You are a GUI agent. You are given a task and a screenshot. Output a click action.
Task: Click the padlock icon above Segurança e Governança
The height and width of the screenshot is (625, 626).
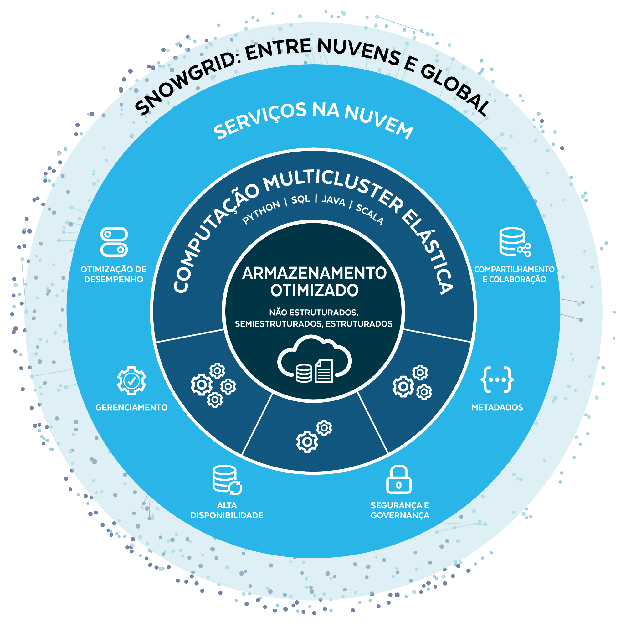398,479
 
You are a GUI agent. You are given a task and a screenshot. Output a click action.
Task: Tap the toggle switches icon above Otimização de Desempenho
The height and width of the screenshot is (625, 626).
114,242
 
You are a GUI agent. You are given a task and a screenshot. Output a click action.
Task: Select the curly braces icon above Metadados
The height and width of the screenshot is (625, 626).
497,379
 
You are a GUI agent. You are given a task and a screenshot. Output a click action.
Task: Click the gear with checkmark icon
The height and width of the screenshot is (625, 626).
131,380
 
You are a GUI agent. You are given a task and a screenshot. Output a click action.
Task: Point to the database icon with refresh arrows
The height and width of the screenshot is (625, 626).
227,480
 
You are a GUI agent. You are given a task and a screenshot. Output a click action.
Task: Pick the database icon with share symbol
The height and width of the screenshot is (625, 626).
514,242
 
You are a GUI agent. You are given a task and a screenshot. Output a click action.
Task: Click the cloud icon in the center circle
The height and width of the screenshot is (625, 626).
314,360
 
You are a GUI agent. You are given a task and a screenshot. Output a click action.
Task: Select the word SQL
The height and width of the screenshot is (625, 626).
301,199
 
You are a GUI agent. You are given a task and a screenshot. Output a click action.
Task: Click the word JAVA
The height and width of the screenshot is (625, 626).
333,201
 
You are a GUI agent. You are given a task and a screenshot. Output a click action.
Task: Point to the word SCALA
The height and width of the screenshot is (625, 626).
370,214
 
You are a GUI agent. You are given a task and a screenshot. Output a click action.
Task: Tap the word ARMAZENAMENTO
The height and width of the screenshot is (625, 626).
314,273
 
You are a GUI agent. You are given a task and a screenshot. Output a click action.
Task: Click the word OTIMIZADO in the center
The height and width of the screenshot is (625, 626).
314,291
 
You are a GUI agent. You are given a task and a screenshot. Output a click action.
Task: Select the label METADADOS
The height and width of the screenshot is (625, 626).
497,407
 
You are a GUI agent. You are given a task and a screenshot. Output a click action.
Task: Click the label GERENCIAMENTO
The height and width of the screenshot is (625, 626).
131,407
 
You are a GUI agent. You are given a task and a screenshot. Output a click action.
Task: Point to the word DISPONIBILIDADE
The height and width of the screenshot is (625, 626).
227,515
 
